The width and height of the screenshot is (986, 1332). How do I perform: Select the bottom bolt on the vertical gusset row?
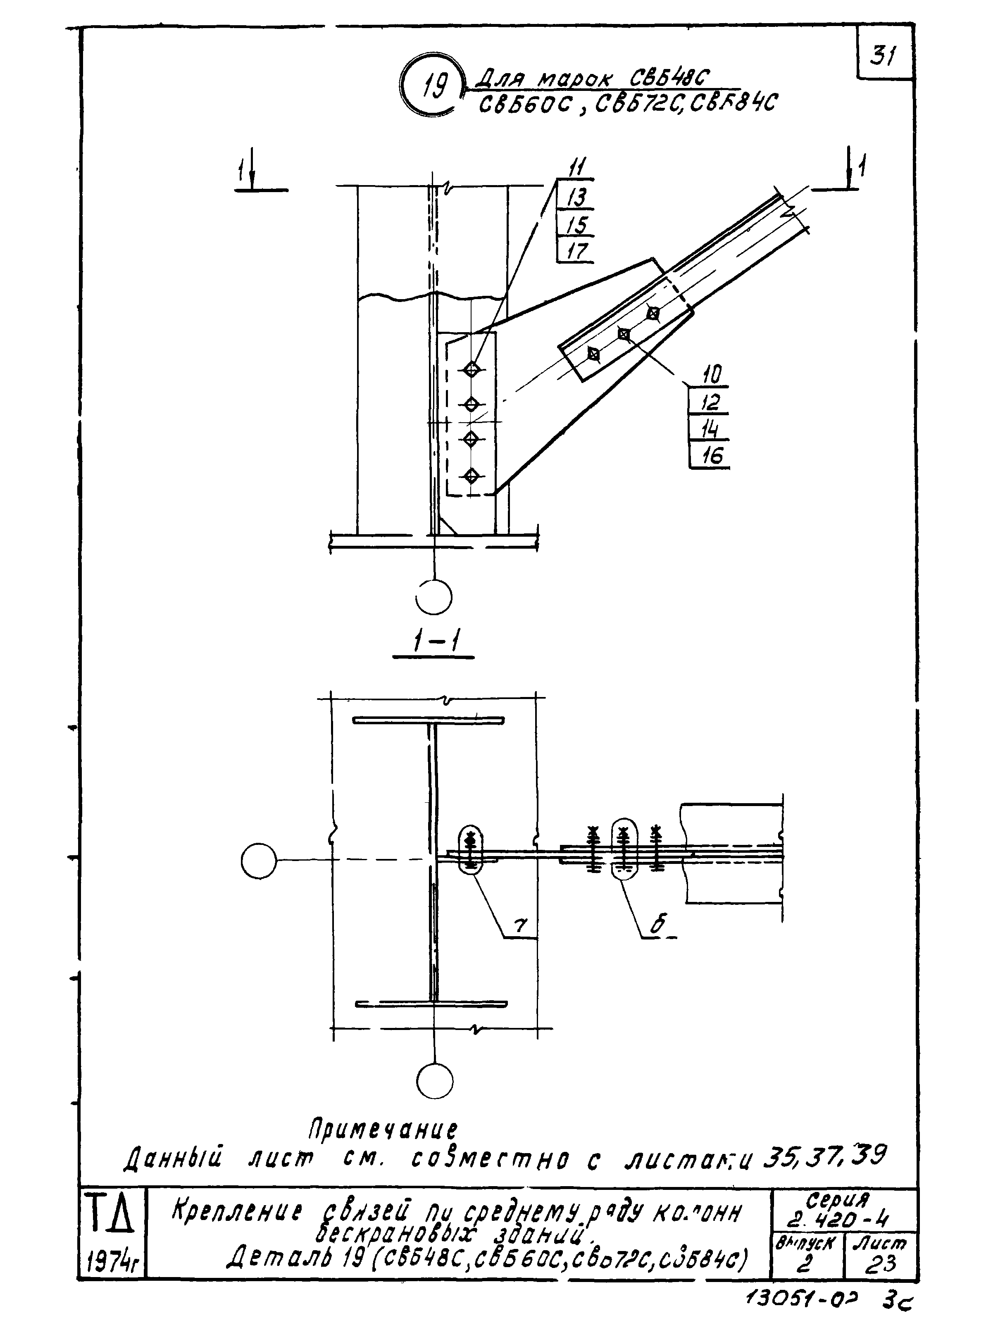tap(472, 476)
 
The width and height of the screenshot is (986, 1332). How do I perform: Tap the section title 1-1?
tap(434, 643)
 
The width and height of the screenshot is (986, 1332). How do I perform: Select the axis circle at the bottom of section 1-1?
tap(434, 1081)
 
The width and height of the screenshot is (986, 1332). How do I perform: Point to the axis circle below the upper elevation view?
tap(434, 597)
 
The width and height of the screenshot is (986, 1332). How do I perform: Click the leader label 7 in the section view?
tap(520, 925)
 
